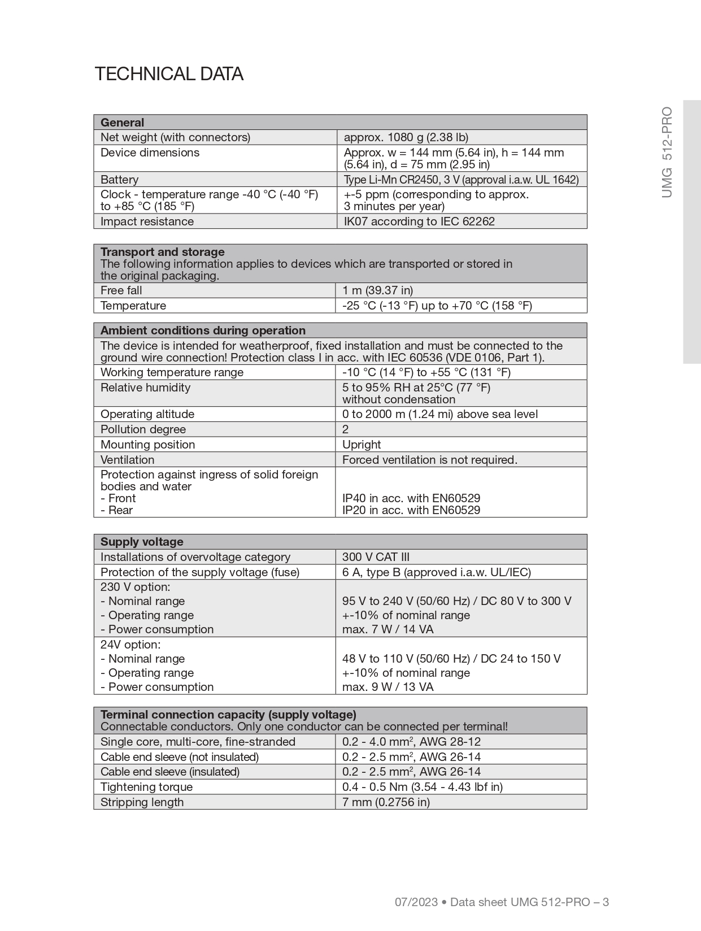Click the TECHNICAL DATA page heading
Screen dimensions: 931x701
pyautogui.click(x=169, y=74)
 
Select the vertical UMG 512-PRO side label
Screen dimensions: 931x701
pyautogui.click(x=667, y=152)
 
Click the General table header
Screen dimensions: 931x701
pyautogui.click(x=123, y=123)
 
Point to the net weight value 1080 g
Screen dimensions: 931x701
pyautogui.click(x=406, y=137)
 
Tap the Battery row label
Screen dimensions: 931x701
pyautogui.click(x=119, y=180)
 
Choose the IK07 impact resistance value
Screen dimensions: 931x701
pyautogui.click(x=419, y=221)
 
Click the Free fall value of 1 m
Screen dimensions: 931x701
pyautogui.click(x=377, y=290)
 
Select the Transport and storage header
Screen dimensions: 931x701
pyautogui.click(x=163, y=252)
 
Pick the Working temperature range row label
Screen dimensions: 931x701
pyautogui.click(x=172, y=372)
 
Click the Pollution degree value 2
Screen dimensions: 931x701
pyautogui.click(x=346, y=429)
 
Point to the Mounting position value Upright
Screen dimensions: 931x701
pyautogui.click(x=362, y=445)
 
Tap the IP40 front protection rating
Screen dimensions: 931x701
pyautogui.click(x=411, y=498)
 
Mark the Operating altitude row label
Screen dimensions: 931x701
pyautogui.click(x=147, y=414)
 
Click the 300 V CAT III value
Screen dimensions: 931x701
pyautogui.click(x=376, y=557)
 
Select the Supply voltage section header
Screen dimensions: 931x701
pyautogui.click(x=142, y=542)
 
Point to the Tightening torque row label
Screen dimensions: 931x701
pyautogui.click(x=146, y=787)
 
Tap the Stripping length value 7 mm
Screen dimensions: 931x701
pyautogui.click(x=386, y=802)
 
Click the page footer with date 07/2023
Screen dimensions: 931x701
pyautogui.click(x=502, y=902)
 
